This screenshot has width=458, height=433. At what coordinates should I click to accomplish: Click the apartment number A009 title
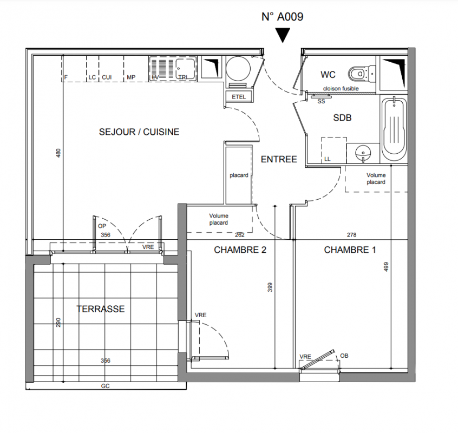click(x=283, y=17)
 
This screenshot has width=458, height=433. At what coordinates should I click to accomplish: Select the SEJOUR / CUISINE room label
click(x=139, y=132)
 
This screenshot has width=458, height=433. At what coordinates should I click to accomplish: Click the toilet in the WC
click(x=361, y=73)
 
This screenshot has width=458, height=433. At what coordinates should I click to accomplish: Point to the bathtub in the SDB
click(x=394, y=128)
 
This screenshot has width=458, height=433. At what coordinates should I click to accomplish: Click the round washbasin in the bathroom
click(x=363, y=153)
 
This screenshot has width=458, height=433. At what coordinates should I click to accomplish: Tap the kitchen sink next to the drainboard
click(x=185, y=69)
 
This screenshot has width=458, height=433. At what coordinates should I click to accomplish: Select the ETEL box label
click(x=239, y=97)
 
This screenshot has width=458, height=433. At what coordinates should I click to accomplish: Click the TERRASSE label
click(x=101, y=309)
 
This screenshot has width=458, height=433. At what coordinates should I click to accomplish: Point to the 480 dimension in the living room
click(x=58, y=153)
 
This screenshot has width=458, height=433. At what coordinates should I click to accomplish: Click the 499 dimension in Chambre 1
click(x=386, y=267)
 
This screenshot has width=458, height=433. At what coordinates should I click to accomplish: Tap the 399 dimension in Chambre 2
click(x=270, y=287)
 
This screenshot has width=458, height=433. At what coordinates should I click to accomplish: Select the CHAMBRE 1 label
click(x=350, y=250)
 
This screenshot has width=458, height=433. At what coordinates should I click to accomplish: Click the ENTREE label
click(x=279, y=160)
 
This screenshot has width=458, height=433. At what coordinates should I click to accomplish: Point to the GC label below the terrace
click(x=105, y=386)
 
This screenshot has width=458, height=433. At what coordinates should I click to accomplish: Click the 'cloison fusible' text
click(x=341, y=88)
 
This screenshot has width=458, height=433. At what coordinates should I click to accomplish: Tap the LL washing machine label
click(x=327, y=159)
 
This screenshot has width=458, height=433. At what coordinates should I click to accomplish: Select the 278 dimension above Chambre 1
click(x=352, y=235)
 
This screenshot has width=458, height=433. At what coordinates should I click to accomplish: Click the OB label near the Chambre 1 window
click(x=344, y=356)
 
